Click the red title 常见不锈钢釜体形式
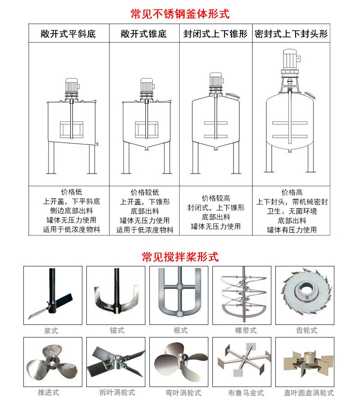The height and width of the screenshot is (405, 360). pyautogui.click(x=180, y=14)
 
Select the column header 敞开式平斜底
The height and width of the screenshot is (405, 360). pyautogui.click(x=68, y=34)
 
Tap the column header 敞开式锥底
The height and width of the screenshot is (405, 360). pyautogui.click(x=144, y=34)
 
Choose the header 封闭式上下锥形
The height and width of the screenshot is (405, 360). pyautogui.click(x=216, y=34)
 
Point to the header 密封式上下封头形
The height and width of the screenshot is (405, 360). pyautogui.click(x=291, y=34)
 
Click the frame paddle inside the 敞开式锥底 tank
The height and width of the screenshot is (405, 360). pyautogui.click(x=146, y=130)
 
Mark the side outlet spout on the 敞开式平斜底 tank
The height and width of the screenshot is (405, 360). pyautogui.click(x=97, y=144)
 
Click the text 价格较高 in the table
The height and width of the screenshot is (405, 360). pyautogui.click(x=216, y=198)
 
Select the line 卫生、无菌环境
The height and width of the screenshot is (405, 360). pyautogui.click(x=292, y=211)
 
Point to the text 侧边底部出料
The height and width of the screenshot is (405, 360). pyautogui.click(x=72, y=211)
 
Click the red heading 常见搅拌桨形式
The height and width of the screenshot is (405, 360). pyautogui.click(x=180, y=257)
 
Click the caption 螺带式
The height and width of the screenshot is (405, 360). pyautogui.click(x=246, y=330)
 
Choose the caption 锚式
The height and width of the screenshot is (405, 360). pyautogui.click(x=117, y=330)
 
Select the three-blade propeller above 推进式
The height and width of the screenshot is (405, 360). pyautogui.click(x=52, y=362)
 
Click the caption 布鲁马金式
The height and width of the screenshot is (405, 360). pyautogui.click(x=246, y=393)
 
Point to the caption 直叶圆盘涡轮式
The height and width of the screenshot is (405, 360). pyautogui.click(x=309, y=393)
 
